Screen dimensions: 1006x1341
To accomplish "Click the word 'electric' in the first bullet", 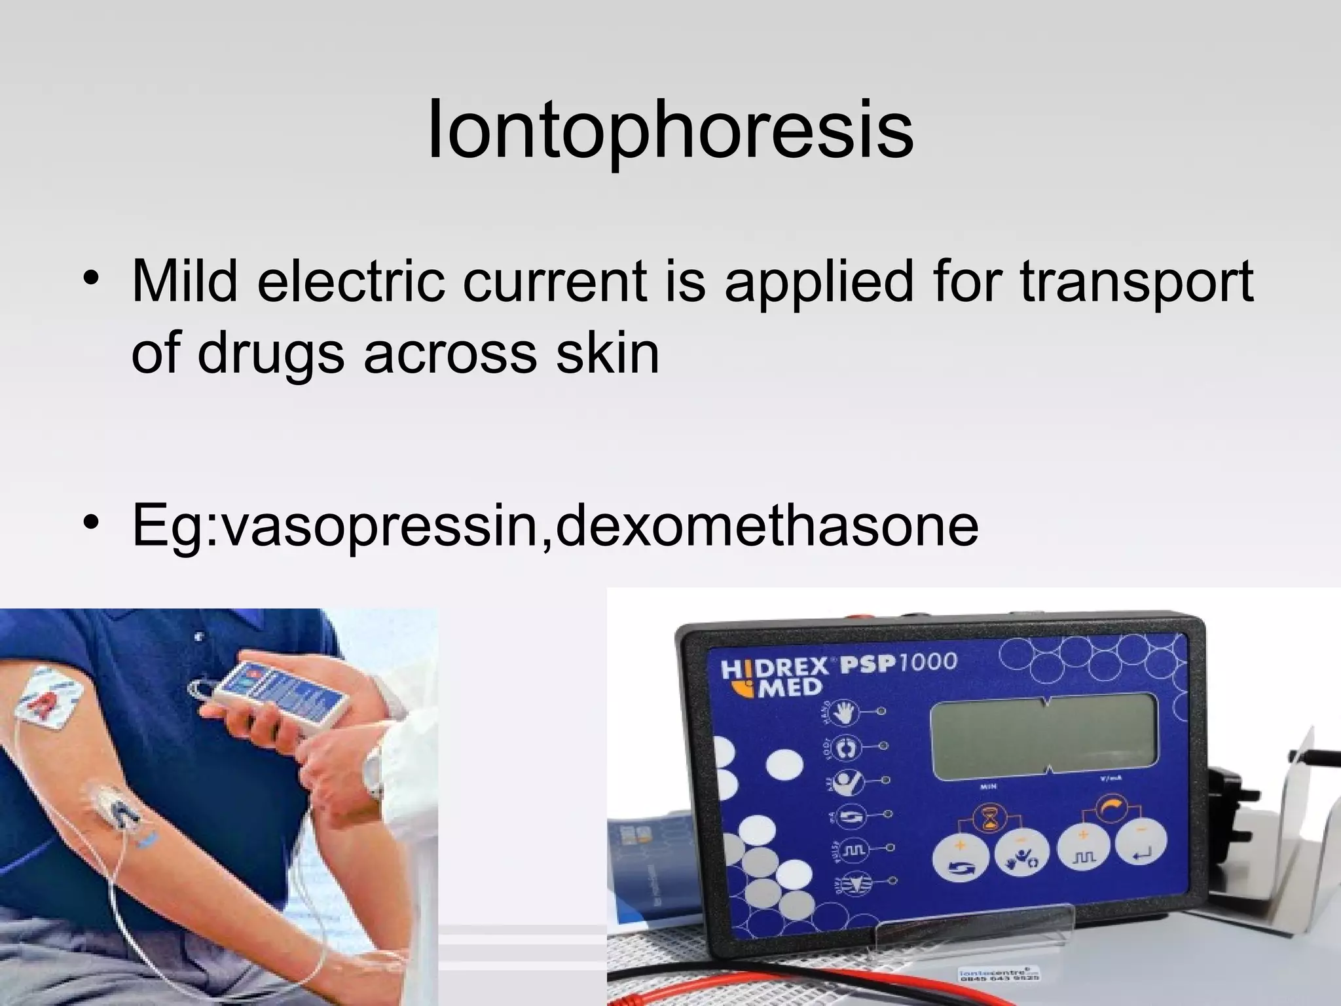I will (x=350, y=282).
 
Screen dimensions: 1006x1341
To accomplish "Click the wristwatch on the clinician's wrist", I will (x=373, y=773).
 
